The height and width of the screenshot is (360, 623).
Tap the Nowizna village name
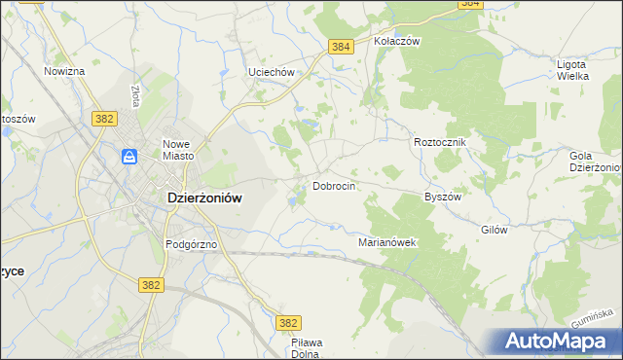pyautogui.click(x=65, y=72)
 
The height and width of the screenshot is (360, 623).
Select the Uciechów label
pyautogui.click(x=271, y=73)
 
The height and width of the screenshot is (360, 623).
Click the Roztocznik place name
pyautogui.click(x=441, y=142)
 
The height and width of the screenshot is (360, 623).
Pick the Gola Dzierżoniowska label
pyautogui.click(x=595, y=162)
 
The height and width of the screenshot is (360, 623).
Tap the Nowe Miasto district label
pyautogui.click(x=180, y=149)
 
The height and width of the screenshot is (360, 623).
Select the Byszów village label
pyautogui.click(x=442, y=196)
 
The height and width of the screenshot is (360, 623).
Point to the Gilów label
pyautogui.click(x=495, y=230)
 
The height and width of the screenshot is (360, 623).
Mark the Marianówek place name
pyautogui.click(x=387, y=242)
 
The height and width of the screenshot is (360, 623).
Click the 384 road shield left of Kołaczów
pyautogui.click(x=340, y=47)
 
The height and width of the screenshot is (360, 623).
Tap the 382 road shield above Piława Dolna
pyautogui.click(x=288, y=323)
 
